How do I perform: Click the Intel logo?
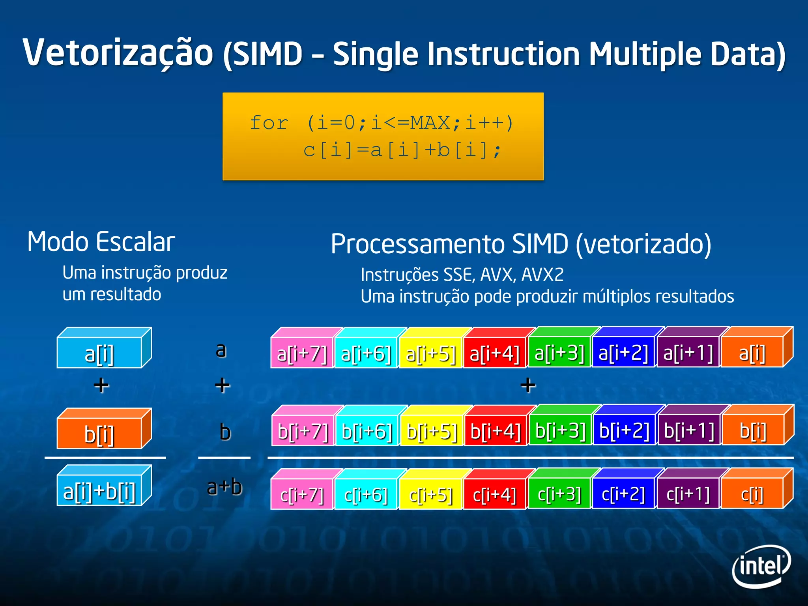click(x=761, y=567)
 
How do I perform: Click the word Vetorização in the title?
click(x=118, y=53)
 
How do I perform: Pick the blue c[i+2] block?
click(x=623, y=494)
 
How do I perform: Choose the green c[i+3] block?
click(x=559, y=494)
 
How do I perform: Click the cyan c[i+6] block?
click(x=366, y=494)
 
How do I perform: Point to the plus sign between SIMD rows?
click(x=528, y=385)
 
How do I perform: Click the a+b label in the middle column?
click(x=224, y=487)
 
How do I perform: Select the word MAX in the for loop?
click(x=430, y=123)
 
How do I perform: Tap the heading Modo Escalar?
click(x=101, y=242)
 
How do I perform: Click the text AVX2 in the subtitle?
click(x=542, y=275)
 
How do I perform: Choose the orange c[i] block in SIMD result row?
click(x=752, y=494)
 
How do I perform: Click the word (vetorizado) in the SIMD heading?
click(x=643, y=244)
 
